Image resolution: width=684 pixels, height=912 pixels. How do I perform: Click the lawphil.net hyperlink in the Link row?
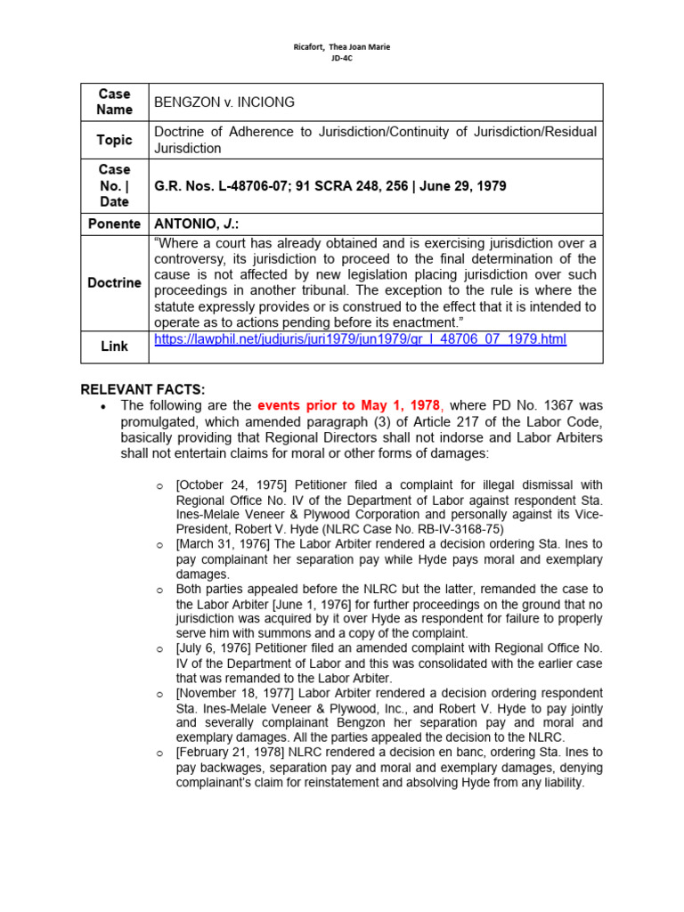(360, 339)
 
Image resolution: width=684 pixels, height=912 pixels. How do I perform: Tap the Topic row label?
(114, 140)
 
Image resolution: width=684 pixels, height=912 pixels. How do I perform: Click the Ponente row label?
(114, 224)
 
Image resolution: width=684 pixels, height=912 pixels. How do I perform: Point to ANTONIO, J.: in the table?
(190, 224)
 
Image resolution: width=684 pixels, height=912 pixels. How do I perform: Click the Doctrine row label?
(114, 282)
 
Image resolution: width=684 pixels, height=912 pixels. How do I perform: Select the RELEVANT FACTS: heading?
(142, 389)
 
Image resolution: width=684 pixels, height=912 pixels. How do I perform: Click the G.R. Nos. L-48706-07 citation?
(222, 186)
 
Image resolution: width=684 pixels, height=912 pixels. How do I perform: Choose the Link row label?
(114, 346)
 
